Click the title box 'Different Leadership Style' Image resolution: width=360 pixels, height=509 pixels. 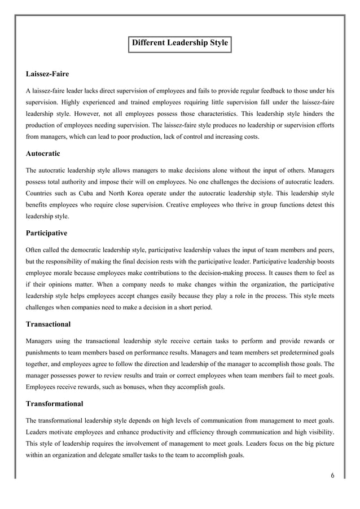click(179, 43)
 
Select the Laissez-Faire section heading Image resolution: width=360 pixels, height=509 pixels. click(48, 74)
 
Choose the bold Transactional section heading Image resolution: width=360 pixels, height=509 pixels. click(49, 324)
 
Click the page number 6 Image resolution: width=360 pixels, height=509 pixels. click(332, 475)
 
